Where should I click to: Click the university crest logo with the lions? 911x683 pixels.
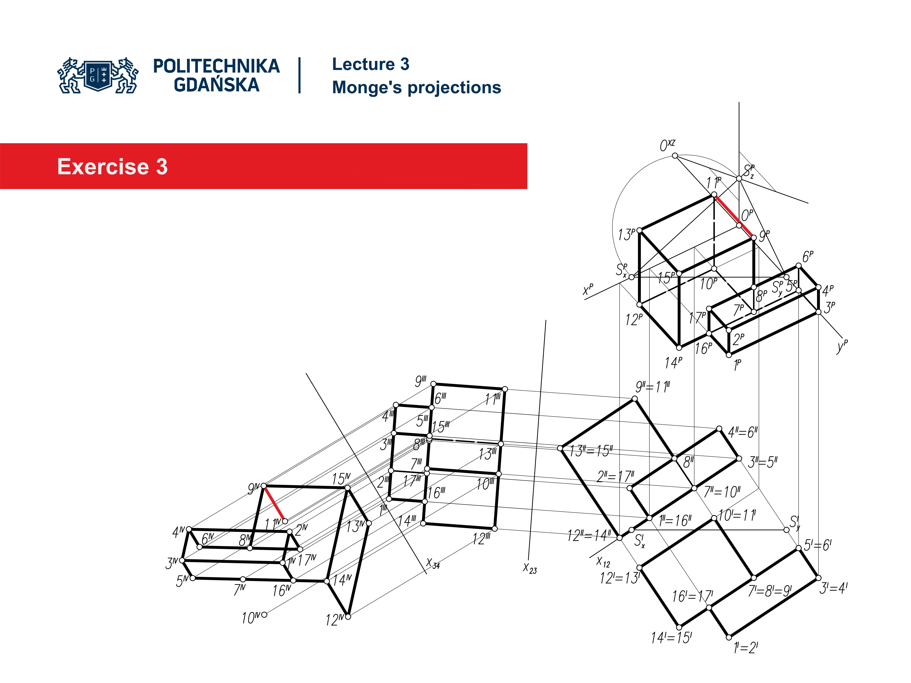click(98, 75)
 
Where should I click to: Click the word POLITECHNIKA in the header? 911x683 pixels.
click(216, 66)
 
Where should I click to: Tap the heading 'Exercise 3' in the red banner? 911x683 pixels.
click(112, 167)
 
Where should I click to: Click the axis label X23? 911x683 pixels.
click(530, 568)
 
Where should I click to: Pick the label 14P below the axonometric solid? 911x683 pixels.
click(673, 363)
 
